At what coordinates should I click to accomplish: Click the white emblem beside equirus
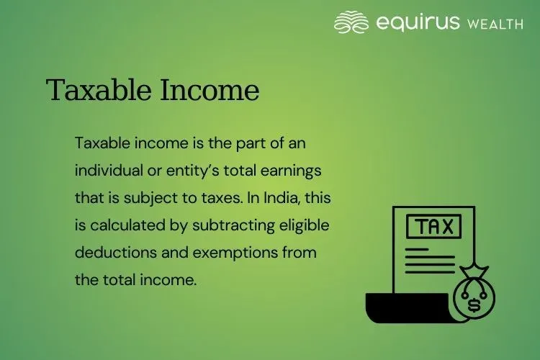click(x=352, y=22)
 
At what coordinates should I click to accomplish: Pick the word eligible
click(x=305, y=225)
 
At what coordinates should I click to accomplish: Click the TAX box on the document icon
click(x=433, y=227)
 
